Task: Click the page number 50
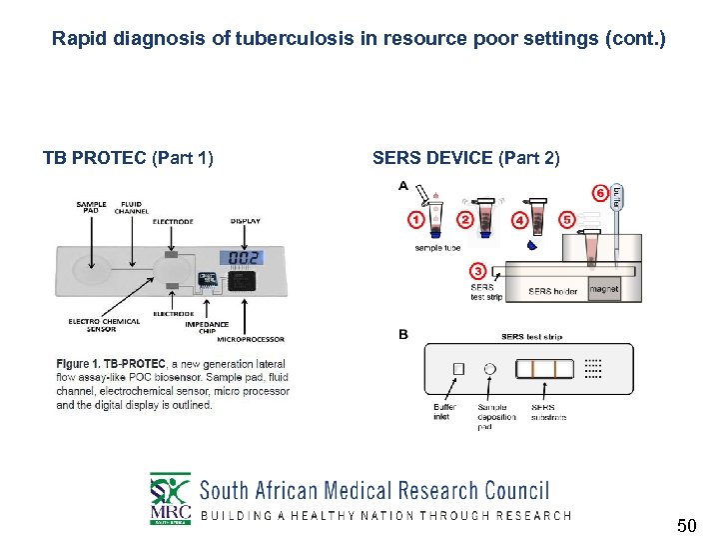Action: pos(686,525)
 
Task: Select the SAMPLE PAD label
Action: pos(91,207)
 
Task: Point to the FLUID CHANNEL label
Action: pos(131,207)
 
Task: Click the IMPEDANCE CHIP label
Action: pos(207,327)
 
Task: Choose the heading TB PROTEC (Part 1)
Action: pos(128,158)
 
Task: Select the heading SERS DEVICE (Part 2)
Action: pos(465,158)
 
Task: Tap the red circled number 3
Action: pos(477,271)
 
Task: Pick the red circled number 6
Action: pos(600,191)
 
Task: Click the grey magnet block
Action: pos(603,289)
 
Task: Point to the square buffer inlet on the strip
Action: pos(458,368)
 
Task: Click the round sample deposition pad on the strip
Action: pos(489,368)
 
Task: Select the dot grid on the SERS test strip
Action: pos(592,368)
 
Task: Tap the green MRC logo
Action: pos(170,498)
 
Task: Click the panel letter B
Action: pos(402,334)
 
